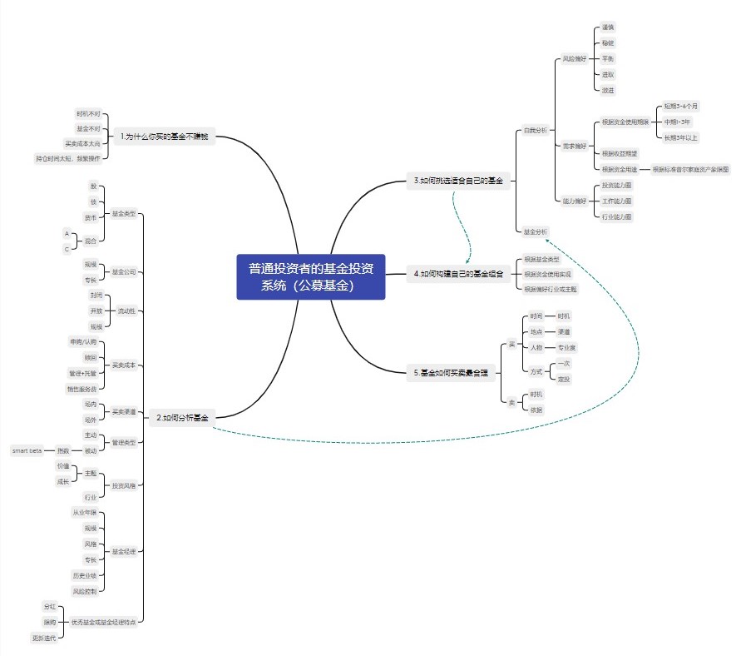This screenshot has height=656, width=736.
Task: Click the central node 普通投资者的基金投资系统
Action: [x=311, y=276]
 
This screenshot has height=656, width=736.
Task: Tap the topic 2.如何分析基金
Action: [x=181, y=419]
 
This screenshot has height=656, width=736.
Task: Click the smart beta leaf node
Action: [x=27, y=450]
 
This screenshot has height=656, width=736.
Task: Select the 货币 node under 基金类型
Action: [x=91, y=217]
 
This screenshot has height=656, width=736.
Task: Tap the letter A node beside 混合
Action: [x=67, y=233]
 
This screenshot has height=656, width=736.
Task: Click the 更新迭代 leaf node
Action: [x=44, y=638]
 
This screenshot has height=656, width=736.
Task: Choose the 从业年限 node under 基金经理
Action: [x=84, y=512]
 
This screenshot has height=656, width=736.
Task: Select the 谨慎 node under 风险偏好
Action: [x=608, y=27]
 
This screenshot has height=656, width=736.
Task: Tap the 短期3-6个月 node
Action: [x=681, y=107]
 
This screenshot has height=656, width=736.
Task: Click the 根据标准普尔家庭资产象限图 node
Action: [x=690, y=169]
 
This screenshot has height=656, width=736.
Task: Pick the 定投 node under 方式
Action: [x=564, y=379]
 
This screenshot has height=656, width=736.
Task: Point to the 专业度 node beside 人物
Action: [x=566, y=347]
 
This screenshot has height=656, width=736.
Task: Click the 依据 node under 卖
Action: [x=536, y=410]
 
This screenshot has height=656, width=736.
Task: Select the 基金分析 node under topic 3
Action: [x=536, y=231]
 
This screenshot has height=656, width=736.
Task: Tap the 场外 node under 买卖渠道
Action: [x=91, y=420]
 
